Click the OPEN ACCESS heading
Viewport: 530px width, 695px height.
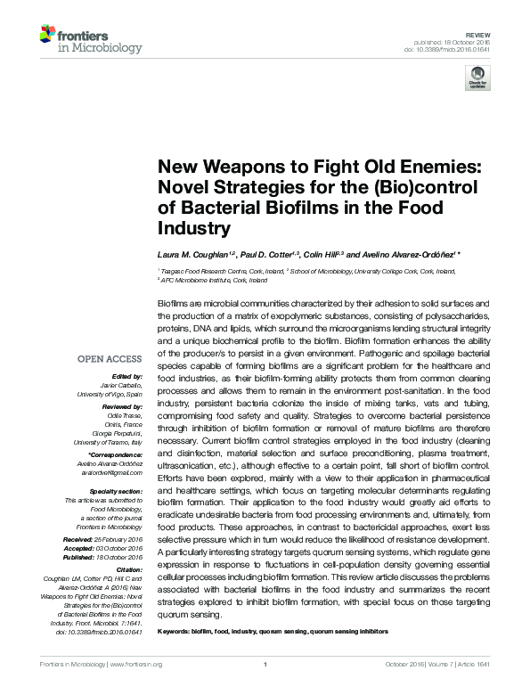point(109,359)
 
